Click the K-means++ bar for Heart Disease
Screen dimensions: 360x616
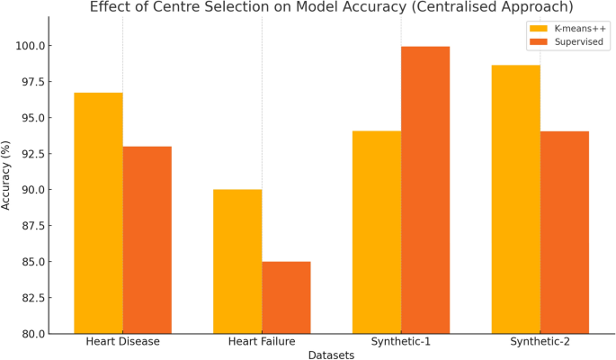point(98,213)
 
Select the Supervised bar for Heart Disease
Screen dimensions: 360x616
point(147,240)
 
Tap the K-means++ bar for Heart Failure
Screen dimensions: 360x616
point(237,261)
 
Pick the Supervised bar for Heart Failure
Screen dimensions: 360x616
point(286,297)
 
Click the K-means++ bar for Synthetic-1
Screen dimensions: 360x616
point(377,232)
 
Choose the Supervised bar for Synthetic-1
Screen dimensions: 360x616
point(425,190)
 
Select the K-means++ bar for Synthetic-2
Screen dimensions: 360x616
point(515,199)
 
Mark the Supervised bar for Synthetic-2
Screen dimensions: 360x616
point(564,232)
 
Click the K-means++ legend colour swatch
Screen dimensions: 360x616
point(539,28)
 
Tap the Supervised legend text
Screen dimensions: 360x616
point(579,42)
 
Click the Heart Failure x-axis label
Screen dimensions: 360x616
point(262,342)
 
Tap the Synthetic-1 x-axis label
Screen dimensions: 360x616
point(401,342)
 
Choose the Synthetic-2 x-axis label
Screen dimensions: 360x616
point(540,342)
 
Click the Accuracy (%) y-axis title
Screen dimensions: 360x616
point(7,175)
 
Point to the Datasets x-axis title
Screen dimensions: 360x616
point(331,355)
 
